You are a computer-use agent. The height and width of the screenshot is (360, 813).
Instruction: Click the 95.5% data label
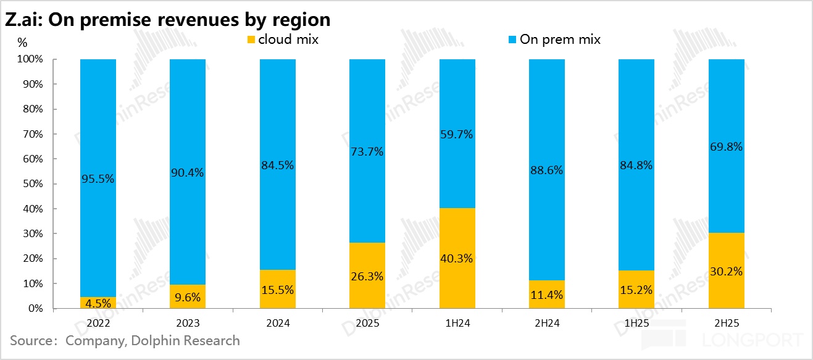[x=98, y=179]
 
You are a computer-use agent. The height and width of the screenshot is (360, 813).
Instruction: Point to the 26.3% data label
[x=367, y=277]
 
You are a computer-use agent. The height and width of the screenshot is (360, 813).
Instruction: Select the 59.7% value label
[x=457, y=134]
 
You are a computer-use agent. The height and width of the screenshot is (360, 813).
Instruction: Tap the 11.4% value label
[x=546, y=295]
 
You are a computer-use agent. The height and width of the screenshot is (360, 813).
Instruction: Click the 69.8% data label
[x=726, y=147]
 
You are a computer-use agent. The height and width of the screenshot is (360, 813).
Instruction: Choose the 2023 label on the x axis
[x=188, y=323]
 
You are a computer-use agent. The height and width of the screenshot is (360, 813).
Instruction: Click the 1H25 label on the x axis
[x=636, y=323]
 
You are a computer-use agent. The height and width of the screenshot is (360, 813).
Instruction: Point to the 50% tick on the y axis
[x=35, y=184]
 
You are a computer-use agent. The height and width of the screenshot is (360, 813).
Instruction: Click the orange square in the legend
[x=251, y=40]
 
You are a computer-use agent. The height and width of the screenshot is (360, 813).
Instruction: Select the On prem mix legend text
[x=560, y=40]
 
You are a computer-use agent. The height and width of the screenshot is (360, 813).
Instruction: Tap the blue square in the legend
[x=512, y=40]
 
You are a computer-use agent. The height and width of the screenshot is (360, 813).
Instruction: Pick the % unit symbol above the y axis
[x=22, y=43]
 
